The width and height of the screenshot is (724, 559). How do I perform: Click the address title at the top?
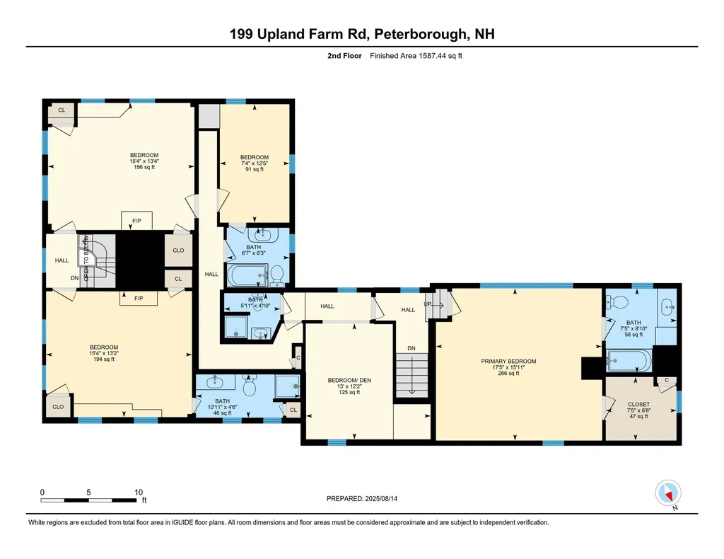(362, 34)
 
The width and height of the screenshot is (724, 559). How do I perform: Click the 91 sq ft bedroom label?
(254, 163)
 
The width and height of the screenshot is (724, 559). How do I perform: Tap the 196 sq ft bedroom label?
(144, 161)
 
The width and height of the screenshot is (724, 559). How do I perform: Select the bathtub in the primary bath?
(628, 362)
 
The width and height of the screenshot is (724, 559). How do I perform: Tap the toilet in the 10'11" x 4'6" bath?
(249, 388)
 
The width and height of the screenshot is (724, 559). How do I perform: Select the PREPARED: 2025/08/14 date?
(367, 498)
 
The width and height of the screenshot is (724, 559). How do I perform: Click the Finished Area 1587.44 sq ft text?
(416, 56)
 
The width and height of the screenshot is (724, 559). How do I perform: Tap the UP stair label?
(428, 304)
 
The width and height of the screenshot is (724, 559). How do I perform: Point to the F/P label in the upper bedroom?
(136, 221)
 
